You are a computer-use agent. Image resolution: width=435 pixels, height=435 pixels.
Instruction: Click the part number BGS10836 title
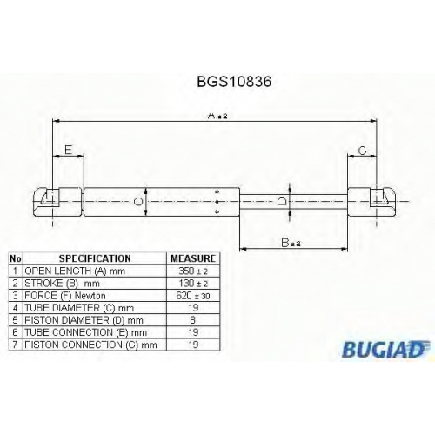pos(234,82)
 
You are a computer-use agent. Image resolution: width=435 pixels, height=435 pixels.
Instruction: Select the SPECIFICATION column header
pos(95,258)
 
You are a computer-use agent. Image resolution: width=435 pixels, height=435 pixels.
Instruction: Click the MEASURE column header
pos(193,258)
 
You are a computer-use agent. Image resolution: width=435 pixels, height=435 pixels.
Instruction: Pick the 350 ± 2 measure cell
pos(193,271)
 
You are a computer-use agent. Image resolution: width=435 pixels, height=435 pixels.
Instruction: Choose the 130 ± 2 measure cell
pos(193,283)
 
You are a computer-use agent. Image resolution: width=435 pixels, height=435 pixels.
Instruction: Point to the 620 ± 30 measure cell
pos(193,296)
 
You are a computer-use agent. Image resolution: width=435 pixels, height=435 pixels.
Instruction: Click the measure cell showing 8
pos(193,320)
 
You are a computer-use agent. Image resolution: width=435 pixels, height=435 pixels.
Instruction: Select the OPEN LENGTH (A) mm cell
pos(75,271)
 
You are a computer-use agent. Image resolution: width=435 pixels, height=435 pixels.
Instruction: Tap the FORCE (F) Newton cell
pos(65,296)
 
